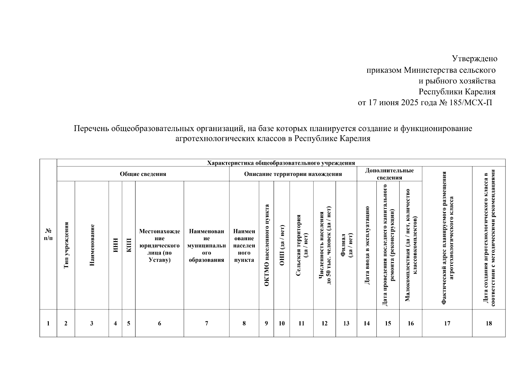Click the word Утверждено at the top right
click(x=474, y=58)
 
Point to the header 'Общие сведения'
click(x=143, y=174)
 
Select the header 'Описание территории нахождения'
click(x=293, y=174)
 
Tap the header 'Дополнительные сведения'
click(x=389, y=174)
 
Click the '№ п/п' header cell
click(x=48, y=234)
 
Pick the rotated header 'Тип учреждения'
click(x=66, y=245)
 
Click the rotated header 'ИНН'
click(x=115, y=245)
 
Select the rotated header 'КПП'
click(x=129, y=245)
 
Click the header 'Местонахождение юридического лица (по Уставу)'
click(x=159, y=245)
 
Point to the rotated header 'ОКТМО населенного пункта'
click(x=267, y=245)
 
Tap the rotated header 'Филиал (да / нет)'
click(x=346, y=245)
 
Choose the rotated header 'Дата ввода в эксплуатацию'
click(x=367, y=245)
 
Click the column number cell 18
click(x=488, y=323)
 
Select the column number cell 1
click(x=48, y=323)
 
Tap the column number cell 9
click(x=266, y=323)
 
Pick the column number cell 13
click(x=346, y=323)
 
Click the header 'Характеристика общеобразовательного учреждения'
click(x=281, y=163)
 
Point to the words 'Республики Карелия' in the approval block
click(x=457, y=92)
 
